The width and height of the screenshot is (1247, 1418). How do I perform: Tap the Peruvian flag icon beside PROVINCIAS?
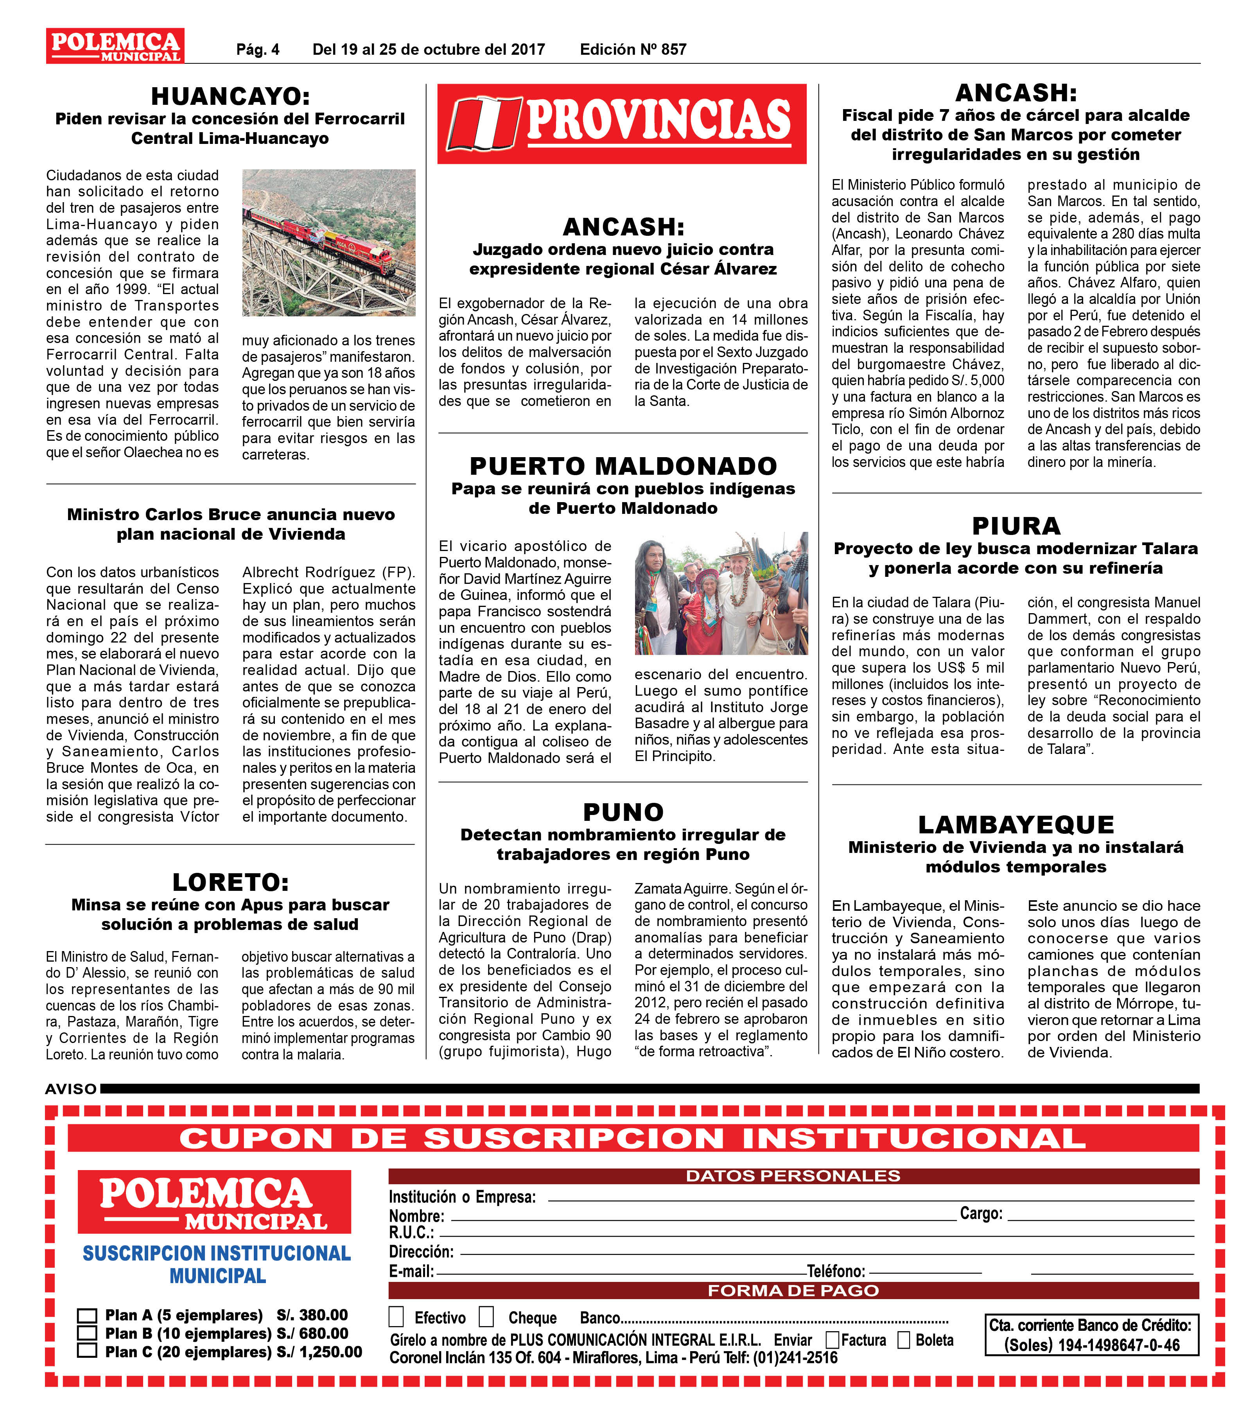[483, 124]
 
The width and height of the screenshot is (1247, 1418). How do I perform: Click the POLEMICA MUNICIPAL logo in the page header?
[115, 46]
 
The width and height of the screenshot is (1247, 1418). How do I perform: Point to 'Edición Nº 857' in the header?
[633, 49]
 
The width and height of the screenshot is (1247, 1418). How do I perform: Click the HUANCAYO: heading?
[230, 96]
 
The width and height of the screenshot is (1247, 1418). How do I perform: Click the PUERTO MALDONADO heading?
[623, 465]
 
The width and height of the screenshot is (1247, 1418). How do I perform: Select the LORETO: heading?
[230, 882]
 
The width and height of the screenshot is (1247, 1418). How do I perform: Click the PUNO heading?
[623, 812]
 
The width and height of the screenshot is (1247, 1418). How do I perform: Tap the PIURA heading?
[1016, 526]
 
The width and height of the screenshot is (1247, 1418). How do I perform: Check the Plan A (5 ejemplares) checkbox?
[87, 1315]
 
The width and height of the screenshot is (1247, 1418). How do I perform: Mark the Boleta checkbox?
[904, 1340]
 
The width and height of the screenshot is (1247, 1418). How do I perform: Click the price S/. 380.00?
[312, 1315]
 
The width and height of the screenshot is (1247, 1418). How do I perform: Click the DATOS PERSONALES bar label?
[793, 1176]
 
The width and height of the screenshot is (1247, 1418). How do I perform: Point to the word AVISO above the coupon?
[71, 1089]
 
